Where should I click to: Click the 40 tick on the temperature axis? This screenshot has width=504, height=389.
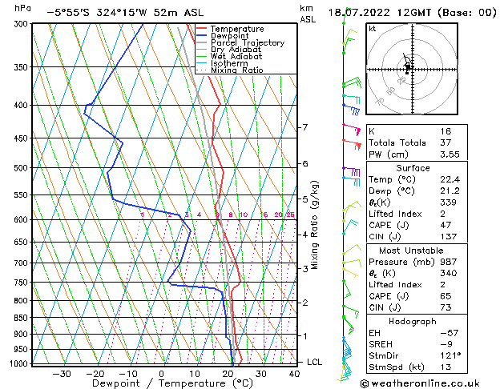(x=295, y=373)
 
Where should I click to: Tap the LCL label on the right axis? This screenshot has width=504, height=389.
(x=314, y=362)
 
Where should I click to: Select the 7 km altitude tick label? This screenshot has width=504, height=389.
(x=304, y=127)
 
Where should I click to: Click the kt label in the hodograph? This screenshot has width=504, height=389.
(x=373, y=29)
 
